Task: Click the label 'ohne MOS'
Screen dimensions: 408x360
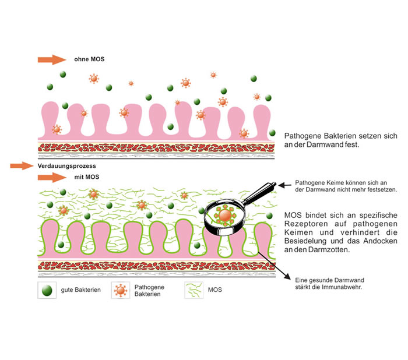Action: pos(89,59)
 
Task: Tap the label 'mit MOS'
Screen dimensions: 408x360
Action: pos(87,177)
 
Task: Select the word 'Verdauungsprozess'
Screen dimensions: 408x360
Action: pos(66,166)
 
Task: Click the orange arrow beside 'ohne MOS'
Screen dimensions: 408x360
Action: pos(52,59)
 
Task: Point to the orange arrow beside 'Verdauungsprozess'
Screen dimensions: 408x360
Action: pos(22,165)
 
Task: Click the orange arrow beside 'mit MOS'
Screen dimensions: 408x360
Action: pos(52,178)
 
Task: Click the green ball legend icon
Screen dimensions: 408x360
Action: pos(47,290)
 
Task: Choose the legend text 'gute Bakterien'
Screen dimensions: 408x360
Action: pos(80,290)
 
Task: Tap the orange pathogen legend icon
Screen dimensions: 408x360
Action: pos(121,290)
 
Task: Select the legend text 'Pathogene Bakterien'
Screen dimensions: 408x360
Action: pos(149,291)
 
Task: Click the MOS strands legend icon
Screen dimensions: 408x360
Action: pos(194,290)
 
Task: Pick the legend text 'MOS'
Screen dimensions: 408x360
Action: pos(215,290)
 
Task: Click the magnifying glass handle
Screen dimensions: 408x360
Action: pos(259,192)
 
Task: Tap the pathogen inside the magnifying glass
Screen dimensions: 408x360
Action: pos(225,216)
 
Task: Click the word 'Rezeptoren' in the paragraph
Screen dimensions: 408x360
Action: pos(306,224)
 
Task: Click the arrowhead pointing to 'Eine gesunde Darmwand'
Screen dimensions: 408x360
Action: pos(287,277)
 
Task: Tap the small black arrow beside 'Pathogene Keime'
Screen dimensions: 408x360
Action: pos(285,185)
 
